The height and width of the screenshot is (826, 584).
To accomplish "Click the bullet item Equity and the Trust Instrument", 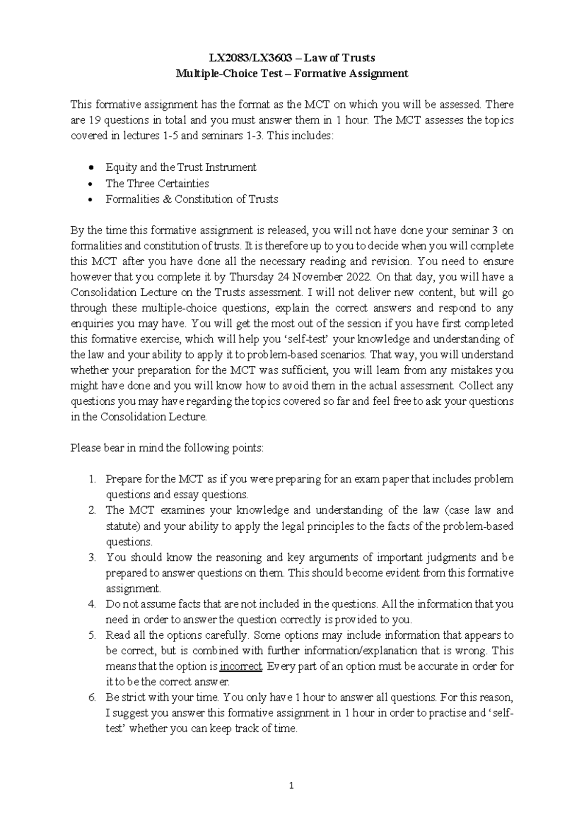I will [181, 167].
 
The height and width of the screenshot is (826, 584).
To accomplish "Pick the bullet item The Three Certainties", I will [157, 183].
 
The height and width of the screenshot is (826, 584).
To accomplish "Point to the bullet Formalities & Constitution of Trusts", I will [192, 199].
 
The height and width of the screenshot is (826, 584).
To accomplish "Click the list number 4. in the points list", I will [92, 604].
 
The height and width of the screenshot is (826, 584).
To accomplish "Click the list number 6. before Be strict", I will [92, 698].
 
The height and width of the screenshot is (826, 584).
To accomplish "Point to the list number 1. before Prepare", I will [92, 479].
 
